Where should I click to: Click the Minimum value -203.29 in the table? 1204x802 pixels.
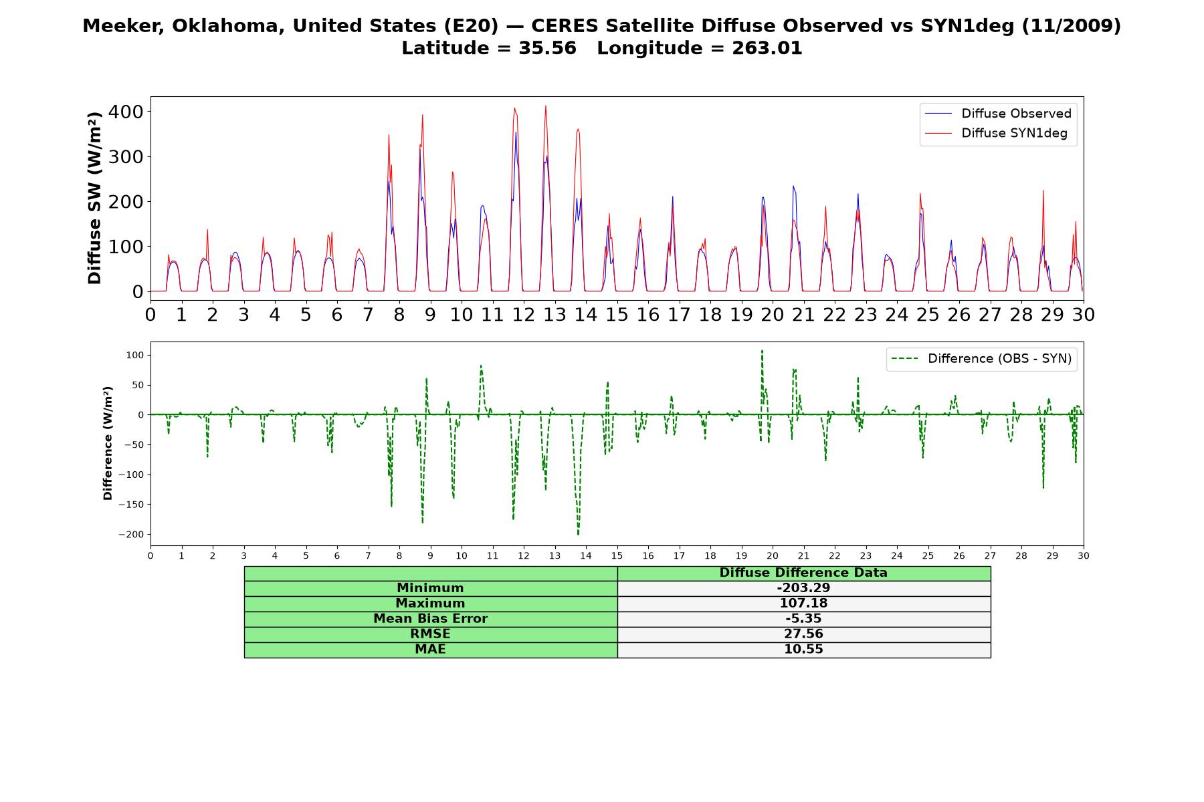[803, 588]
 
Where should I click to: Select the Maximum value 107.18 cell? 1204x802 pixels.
[803, 604]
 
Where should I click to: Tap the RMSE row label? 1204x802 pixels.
[430, 634]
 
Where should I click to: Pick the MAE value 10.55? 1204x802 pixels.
[803, 650]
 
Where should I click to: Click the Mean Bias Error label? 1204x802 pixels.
[430, 619]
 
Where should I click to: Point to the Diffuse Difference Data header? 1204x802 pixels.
[803, 573]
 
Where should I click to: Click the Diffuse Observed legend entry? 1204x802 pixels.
[998, 114]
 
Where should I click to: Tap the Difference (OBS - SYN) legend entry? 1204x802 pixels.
[981, 359]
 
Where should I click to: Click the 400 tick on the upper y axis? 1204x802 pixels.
[126, 112]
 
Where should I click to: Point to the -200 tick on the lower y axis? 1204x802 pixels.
[131, 535]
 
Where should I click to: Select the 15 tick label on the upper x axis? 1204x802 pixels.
[617, 315]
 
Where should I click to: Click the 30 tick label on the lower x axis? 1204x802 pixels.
[1084, 555]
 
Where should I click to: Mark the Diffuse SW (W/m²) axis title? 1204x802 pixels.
[95, 198]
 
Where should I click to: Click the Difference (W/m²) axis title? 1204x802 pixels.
[108, 443]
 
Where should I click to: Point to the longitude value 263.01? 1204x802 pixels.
[767, 48]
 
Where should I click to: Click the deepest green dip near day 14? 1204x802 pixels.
[579, 535]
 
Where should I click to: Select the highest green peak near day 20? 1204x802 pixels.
[762, 351]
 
